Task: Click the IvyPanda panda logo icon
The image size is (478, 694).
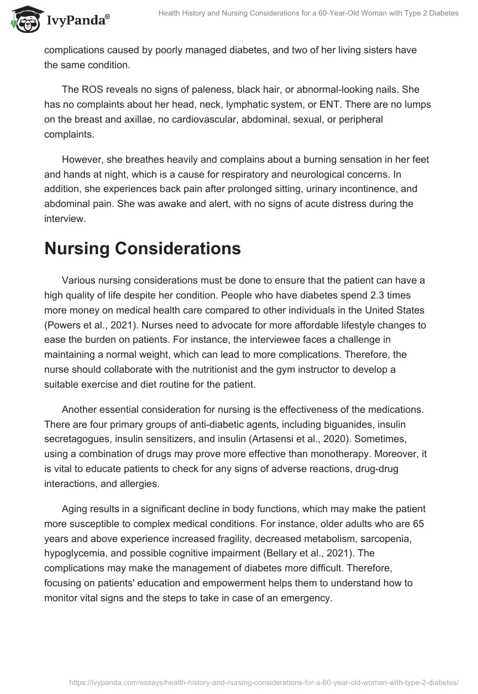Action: tap(23, 20)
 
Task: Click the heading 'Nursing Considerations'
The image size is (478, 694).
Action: tap(142, 249)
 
